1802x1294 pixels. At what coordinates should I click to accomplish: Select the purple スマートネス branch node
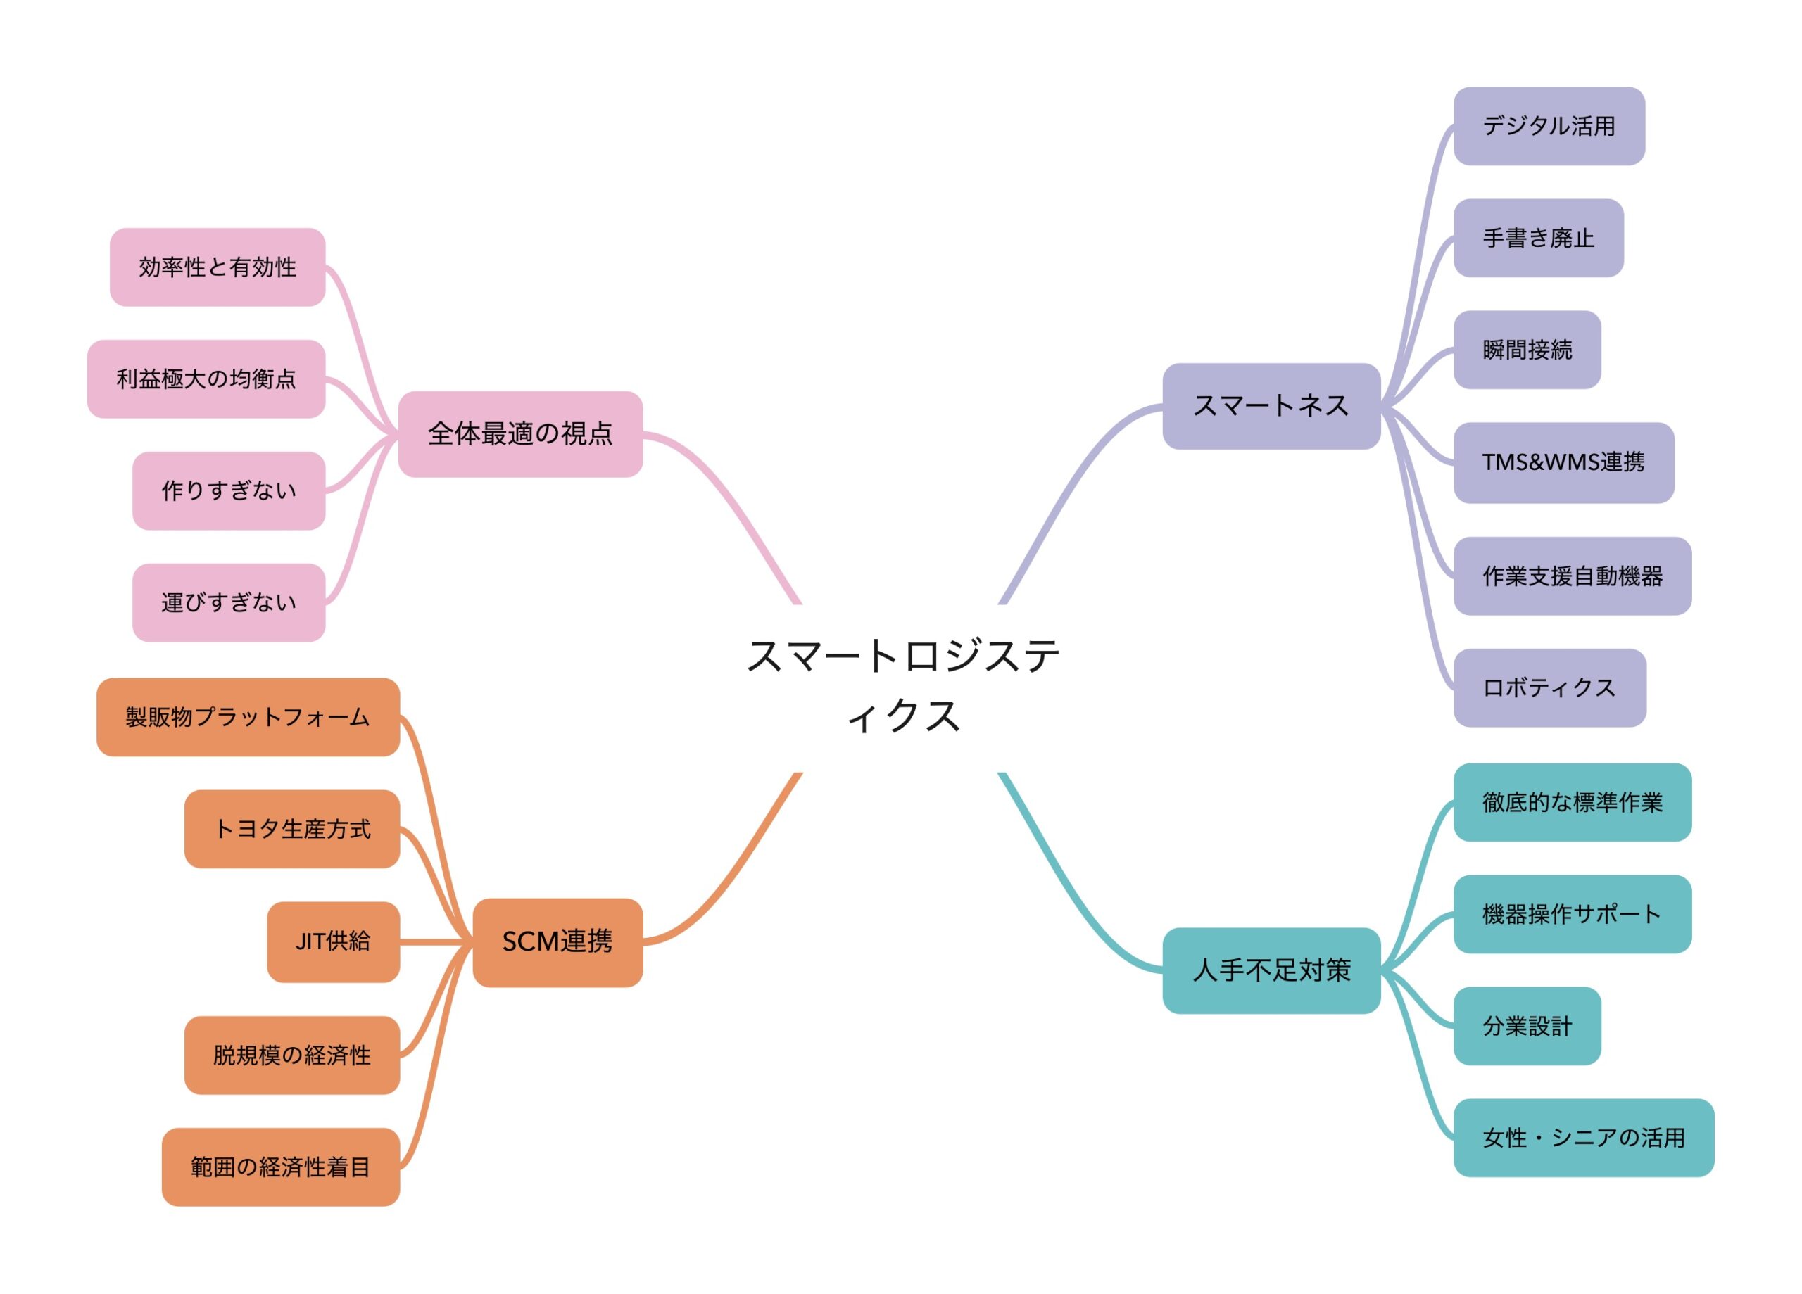1271,406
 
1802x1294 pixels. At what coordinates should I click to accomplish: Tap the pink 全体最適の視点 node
520,433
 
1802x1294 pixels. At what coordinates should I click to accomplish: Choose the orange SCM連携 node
557,942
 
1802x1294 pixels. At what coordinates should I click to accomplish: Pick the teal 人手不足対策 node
1271,970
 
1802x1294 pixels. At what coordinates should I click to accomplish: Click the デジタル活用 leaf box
1549,126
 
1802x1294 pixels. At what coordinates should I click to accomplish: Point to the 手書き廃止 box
1537,239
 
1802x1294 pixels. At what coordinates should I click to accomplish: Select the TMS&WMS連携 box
1563,462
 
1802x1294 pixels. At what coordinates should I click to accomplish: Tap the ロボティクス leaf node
1549,688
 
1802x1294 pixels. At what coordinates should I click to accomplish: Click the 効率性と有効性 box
217,267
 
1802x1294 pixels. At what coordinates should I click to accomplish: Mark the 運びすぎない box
229,603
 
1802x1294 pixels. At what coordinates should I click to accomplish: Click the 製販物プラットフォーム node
248,717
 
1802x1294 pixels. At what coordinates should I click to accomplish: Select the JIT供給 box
333,942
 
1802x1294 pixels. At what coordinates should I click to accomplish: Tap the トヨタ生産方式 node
291,830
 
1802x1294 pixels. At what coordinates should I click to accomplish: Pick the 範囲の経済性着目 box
280,1167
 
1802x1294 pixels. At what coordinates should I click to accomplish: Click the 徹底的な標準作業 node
1572,802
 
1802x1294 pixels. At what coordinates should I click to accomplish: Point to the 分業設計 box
1526,1027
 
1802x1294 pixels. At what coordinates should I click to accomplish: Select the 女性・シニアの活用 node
1582,1138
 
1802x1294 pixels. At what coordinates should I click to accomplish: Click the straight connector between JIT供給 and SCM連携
436,942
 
